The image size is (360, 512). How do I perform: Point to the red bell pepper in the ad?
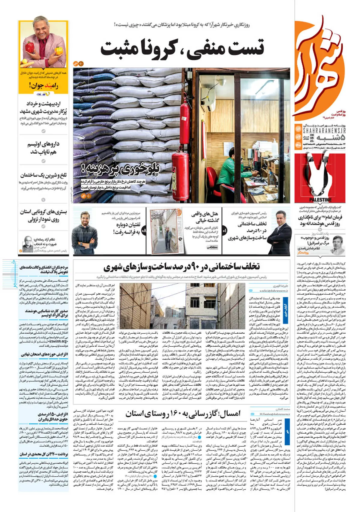click(30, 47)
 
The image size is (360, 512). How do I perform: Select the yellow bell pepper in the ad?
click(59, 51)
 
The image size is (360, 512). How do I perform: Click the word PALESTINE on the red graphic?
click(320, 200)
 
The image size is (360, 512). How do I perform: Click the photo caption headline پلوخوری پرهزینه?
click(120, 170)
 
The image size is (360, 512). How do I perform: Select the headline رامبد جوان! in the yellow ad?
click(44, 86)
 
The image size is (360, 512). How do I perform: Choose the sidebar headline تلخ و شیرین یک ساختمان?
click(43, 175)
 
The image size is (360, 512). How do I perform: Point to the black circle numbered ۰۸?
click(144, 231)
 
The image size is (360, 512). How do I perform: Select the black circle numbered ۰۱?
click(224, 231)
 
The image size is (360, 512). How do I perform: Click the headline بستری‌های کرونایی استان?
click(43, 215)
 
